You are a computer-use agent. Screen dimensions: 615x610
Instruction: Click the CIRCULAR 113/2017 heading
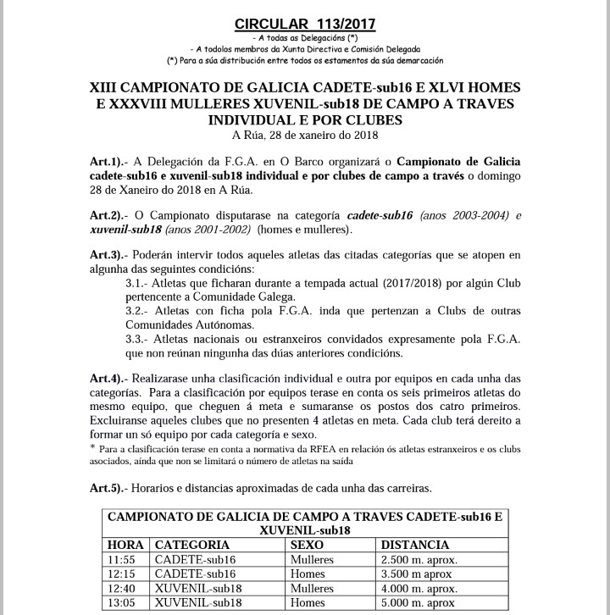304,23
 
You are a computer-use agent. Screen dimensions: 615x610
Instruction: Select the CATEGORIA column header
192,546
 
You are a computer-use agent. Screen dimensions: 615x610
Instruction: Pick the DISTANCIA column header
415,546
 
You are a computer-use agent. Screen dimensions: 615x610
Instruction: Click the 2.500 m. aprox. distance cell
420,560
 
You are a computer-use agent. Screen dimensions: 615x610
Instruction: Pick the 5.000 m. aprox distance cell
419,603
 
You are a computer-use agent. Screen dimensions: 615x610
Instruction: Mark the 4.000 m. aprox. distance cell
420,589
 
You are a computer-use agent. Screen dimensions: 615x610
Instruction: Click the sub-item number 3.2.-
140,311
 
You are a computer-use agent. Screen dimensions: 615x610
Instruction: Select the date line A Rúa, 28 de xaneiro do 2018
304,135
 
